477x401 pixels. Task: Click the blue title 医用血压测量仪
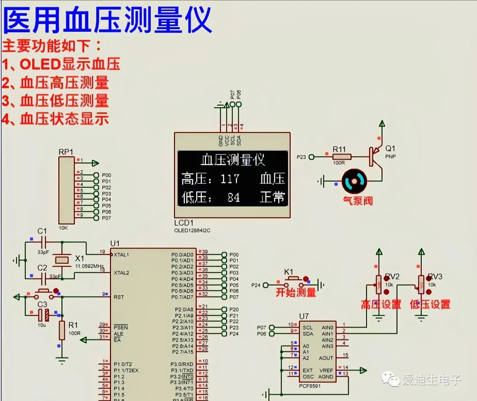click(x=107, y=21)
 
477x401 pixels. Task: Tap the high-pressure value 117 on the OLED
click(x=230, y=179)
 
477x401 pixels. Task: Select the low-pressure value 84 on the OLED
click(x=233, y=197)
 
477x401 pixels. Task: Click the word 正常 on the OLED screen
click(x=272, y=197)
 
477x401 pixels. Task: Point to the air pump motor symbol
click(x=356, y=181)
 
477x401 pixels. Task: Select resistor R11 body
click(x=342, y=157)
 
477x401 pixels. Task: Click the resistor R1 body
click(x=62, y=331)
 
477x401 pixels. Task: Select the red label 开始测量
click(x=296, y=292)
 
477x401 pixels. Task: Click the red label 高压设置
click(x=381, y=304)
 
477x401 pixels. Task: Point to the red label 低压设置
click(x=430, y=304)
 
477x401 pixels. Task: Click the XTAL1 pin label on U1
click(x=121, y=255)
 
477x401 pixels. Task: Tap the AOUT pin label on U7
click(x=326, y=358)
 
